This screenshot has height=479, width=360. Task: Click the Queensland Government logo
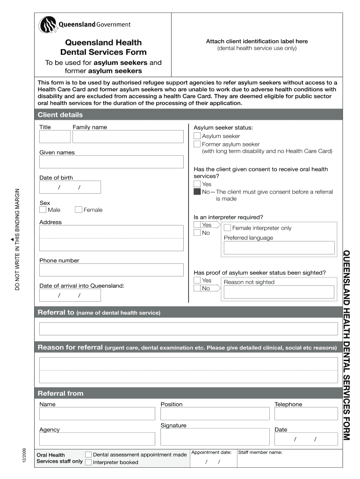(x=85, y=25)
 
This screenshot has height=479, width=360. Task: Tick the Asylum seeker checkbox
(x=197, y=136)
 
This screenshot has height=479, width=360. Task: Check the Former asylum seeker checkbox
(x=197, y=145)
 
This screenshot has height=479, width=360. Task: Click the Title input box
(x=55, y=137)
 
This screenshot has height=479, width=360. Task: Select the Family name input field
(x=128, y=137)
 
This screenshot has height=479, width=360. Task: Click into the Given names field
(x=111, y=162)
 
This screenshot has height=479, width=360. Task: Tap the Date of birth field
(x=70, y=187)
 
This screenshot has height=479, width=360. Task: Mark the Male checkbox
(x=43, y=210)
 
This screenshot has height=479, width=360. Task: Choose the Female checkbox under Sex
(x=79, y=210)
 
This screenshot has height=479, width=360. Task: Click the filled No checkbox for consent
(x=197, y=192)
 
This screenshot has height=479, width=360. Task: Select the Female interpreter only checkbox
(x=227, y=228)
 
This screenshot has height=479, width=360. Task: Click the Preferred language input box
(x=279, y=248)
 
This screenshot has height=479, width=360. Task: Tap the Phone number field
(x=111, y=270)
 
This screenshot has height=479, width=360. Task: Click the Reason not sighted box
(x=279, y=292)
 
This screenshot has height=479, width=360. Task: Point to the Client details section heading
(x=60, y=115)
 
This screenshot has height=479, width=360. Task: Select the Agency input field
(x=97, y=439)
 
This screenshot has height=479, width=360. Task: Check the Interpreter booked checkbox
(x=88, y=462)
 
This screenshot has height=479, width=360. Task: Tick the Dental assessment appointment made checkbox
(x=88, y=454)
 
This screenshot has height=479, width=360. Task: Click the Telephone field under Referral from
(x=306, y=414)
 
